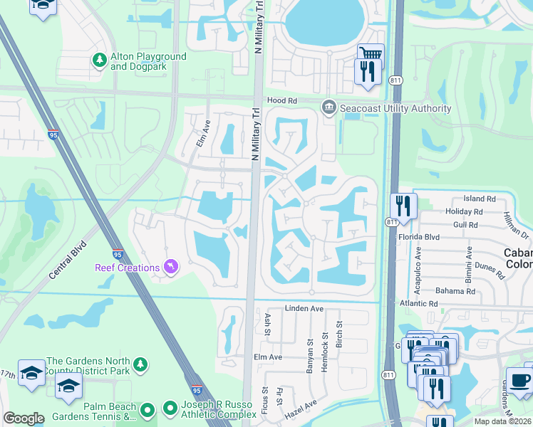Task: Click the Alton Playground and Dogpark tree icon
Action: [100, 61]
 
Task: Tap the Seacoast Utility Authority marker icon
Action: [328, 108]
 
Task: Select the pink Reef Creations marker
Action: [170, 268]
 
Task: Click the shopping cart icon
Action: [371, 56]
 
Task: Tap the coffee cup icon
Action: [519, 380]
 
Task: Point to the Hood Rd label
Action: [281, 101]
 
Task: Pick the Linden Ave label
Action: [304, 309]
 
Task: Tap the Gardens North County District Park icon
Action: [141, 365]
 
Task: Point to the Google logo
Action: [24, 418]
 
